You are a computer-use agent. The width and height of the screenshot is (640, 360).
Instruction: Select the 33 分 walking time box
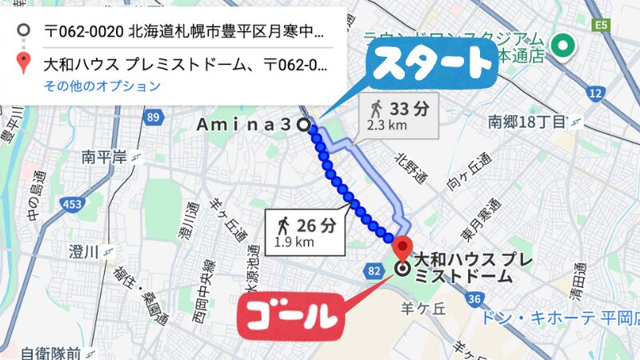tap(397, 114)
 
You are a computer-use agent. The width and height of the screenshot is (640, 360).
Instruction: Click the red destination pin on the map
tap(403, 246)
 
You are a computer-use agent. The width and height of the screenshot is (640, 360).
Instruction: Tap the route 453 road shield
tap(72, 205)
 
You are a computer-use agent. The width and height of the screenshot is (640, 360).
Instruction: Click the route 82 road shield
tap(374, 272)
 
